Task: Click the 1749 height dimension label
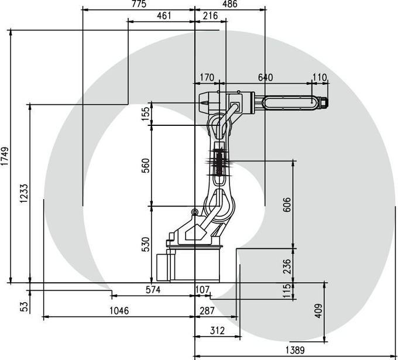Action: [5, 156]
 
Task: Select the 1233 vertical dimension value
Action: [24, 193]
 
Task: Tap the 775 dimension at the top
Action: [139, 4]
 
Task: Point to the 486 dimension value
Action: [229, 4]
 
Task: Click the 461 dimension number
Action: [164, 16]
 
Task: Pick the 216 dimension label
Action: [211, 16]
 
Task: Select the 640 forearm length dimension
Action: [265, 77]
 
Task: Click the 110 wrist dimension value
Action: [320, 77]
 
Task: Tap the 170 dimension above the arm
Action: [207, 77]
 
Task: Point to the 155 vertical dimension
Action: [145, 114]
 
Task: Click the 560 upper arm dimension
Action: [145, 166]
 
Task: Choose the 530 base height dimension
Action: [145, 244]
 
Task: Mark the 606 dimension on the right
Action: [287, 204]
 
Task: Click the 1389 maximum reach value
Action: [295, 351]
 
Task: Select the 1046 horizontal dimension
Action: [119, 310]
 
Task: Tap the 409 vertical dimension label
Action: [318, 310]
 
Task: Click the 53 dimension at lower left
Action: [24, 307]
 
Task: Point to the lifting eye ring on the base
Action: [195, 211]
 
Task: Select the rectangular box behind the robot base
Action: [163, 267]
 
